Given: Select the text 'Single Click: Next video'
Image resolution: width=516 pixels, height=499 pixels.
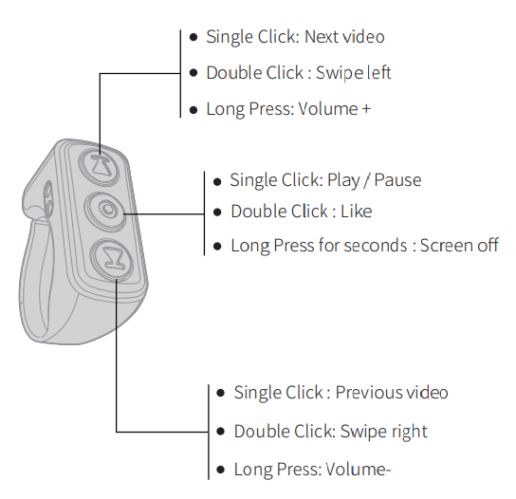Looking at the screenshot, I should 295,37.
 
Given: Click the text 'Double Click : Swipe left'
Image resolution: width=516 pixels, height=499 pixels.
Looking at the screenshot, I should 298,73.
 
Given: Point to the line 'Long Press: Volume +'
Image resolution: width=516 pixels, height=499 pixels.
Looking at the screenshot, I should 288,109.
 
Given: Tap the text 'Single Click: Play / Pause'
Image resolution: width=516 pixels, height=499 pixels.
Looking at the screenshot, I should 325,180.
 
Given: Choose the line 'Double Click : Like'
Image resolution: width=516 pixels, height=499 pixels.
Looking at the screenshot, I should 301,212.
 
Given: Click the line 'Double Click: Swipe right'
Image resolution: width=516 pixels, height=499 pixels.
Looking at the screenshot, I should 330,432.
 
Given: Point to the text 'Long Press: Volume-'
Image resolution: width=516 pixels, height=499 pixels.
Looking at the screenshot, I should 312,470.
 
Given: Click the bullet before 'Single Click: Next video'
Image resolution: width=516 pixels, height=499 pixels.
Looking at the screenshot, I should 193,37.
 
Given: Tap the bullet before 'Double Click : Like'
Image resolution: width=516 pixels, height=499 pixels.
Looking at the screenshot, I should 218,212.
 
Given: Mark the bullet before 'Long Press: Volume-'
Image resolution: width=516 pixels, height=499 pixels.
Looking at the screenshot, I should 221,470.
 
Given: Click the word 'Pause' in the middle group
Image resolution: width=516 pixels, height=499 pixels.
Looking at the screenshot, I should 399,180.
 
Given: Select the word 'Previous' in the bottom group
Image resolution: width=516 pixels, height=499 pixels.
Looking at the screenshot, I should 368,393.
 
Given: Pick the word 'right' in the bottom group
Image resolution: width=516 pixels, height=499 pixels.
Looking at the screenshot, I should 408,432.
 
